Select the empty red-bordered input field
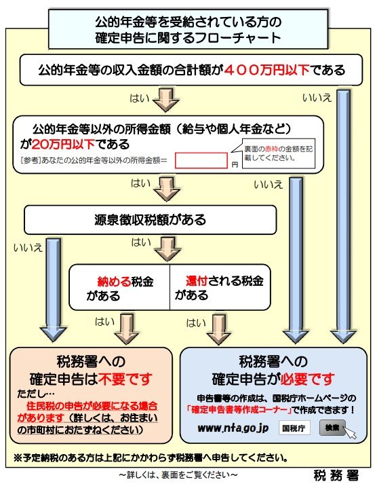click(x=201, y=160)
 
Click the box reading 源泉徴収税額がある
click(x=151, y=220)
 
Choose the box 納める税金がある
click(x=119, y=288)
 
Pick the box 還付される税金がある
click(x=217, y=288)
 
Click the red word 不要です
click(x=128, y=378)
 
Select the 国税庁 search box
click(x=294, y=428)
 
